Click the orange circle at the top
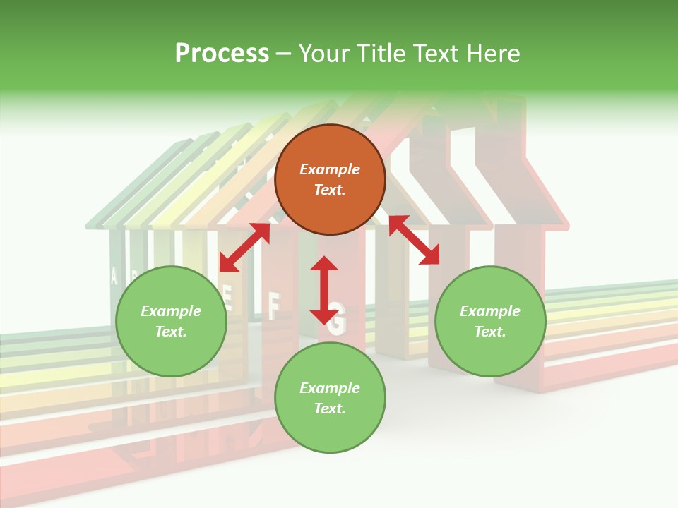[x=330, y=180]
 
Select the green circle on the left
[x=171, y=322]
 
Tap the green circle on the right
[x=490, y=322]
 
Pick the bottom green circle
[x=330, y=398]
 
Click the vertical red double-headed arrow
[x=324, y=290]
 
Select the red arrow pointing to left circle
[x=244, y=248]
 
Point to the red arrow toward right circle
[x=414, y=240]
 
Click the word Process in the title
[x=222, y=53]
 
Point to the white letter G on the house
[x=338, y=322]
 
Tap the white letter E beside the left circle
[x=227, y=291]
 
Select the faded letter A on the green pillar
[x=114, y=276]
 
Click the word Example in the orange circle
[x=330, y=169]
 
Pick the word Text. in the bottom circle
[x=330, y=409]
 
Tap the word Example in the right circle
[x=490, y=311]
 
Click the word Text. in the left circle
[x=171, y=332]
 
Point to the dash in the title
[x=284, y=54]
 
